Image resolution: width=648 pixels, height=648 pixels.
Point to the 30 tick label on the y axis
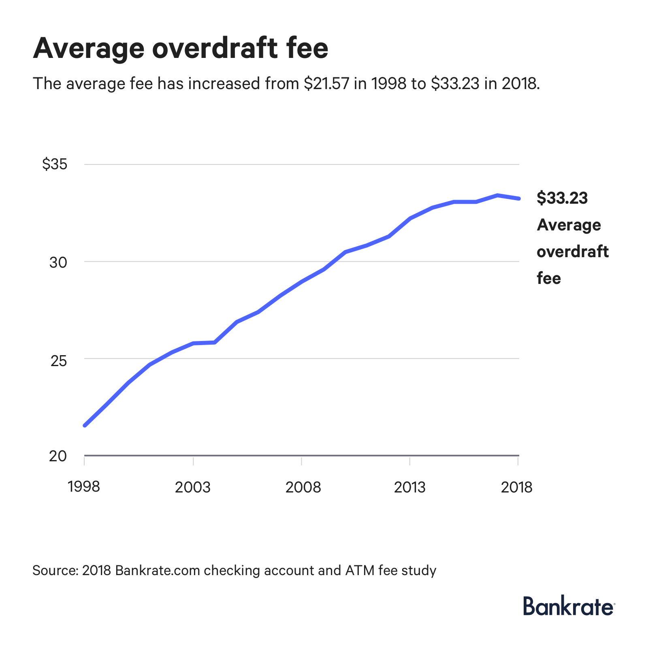pos(58,262)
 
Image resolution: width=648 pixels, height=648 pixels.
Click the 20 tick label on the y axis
pos(58,456)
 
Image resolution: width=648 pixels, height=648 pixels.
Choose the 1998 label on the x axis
pos(84,486)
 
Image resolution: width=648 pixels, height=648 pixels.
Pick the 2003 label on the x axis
pos(193,487)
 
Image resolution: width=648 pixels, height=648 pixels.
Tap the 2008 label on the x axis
pos(303,487)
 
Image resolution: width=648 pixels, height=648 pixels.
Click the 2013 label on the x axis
pos(409,487)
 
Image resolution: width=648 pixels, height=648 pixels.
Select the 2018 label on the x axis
pos(516,487)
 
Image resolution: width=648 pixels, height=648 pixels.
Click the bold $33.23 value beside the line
pos(562,198)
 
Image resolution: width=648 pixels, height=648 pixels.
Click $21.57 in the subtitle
pos(326,83)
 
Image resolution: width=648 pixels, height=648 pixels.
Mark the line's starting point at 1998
pos(85,425)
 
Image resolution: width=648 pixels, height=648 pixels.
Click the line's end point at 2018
pos(518,198)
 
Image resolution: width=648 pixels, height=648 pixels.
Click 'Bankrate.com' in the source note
pos(158,570)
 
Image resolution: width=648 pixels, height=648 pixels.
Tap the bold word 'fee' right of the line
pos(549,278)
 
